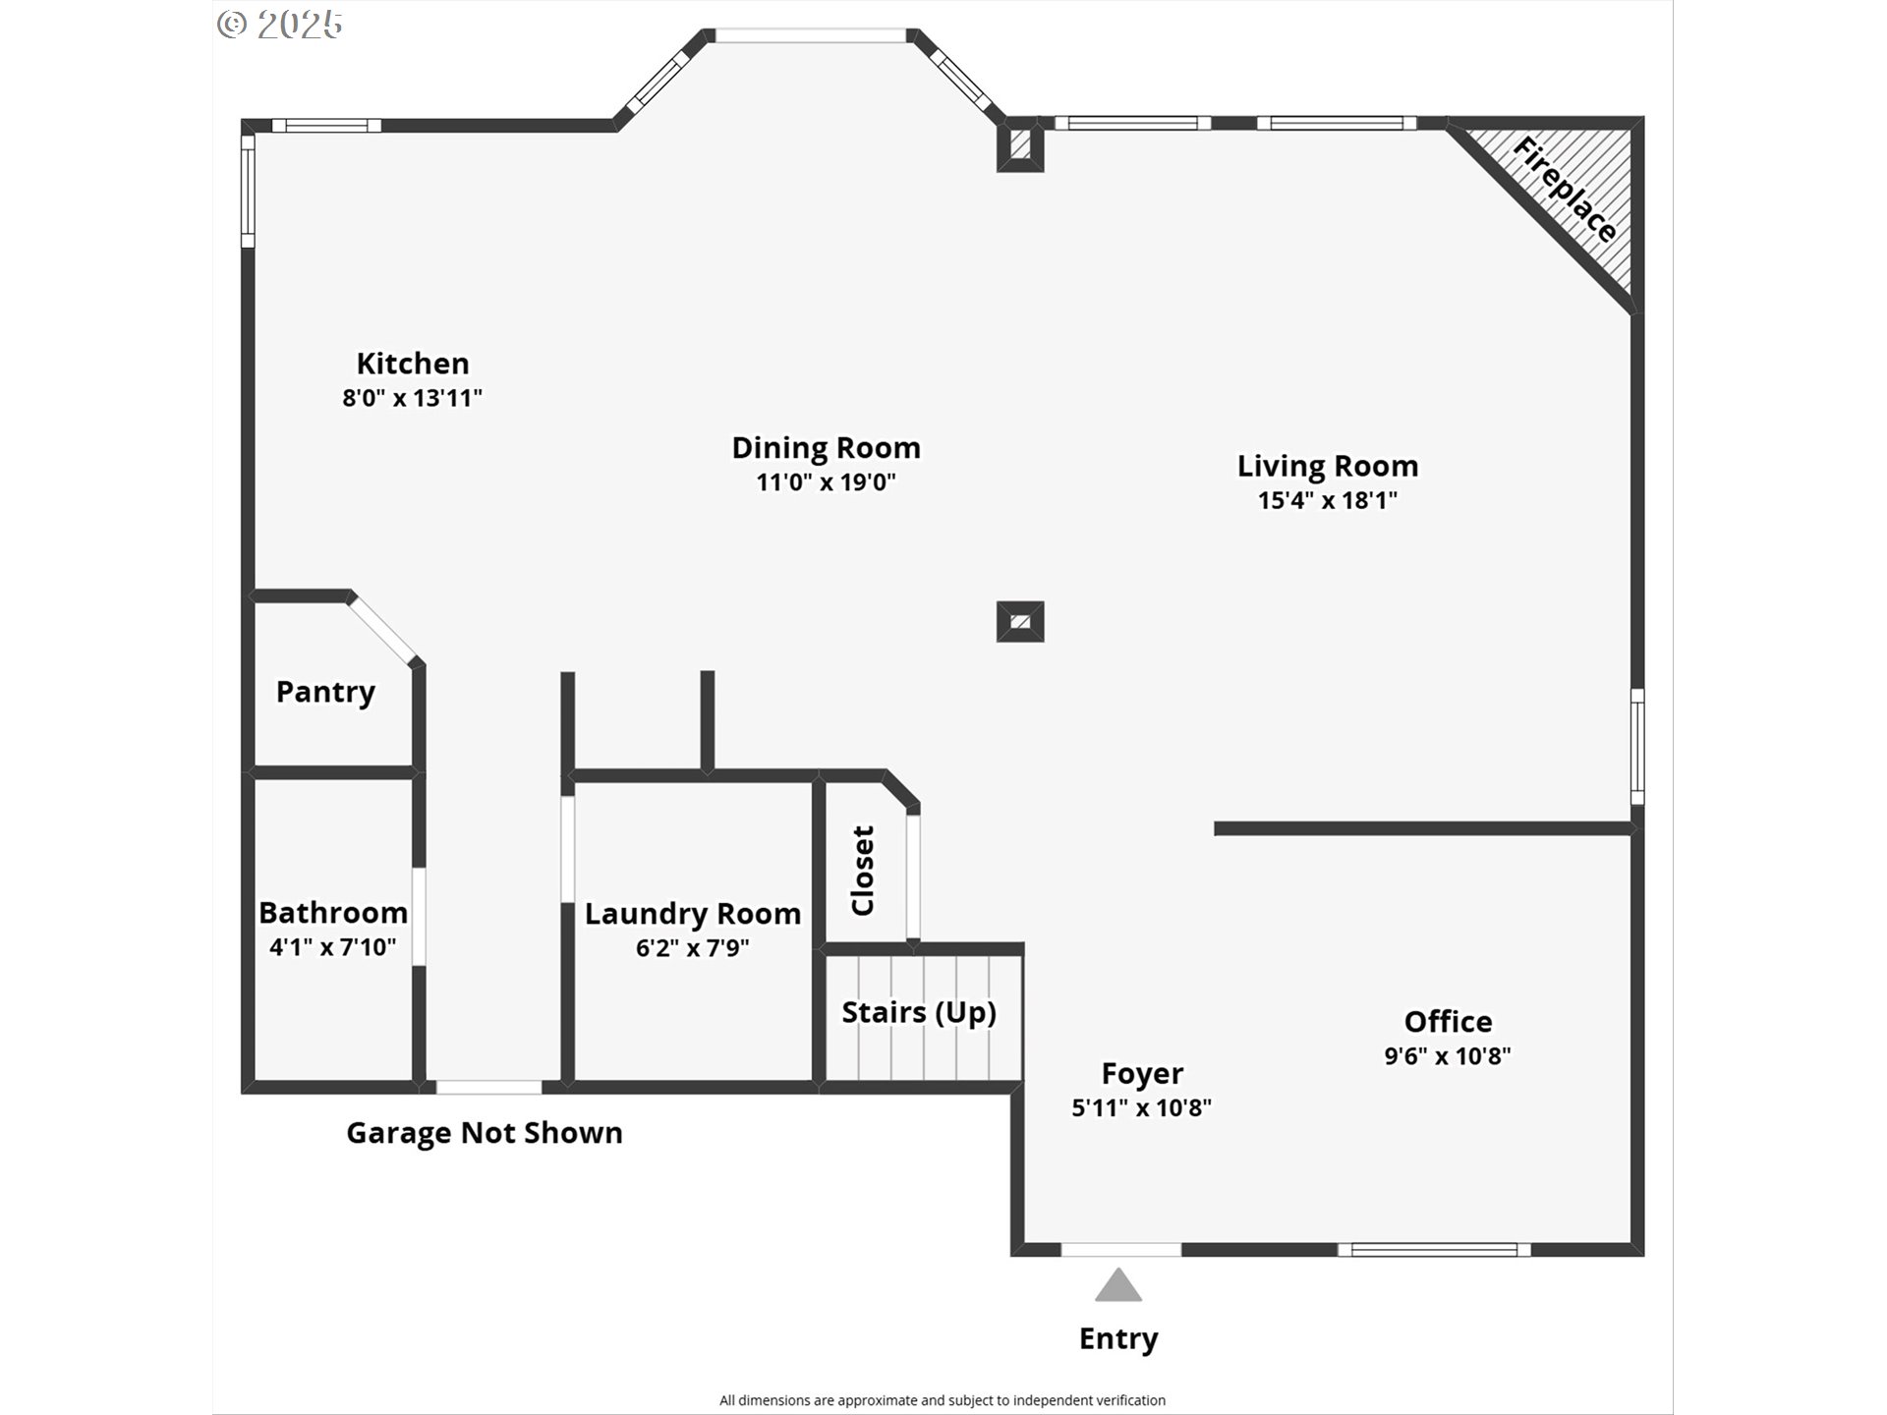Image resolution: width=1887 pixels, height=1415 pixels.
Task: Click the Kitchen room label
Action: click(413, 364)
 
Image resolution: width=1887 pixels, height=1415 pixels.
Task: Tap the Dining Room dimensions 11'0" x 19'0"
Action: click(826, 482)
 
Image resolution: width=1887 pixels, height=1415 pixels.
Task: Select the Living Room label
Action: click(1328, 466)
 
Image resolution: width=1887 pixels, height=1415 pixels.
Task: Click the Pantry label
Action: click(325, 692)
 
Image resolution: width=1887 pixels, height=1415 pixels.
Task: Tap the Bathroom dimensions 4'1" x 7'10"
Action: click(333, 947)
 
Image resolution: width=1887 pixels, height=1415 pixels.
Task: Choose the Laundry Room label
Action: click(693, 914)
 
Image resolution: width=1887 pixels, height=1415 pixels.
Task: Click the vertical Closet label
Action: click(862, 871)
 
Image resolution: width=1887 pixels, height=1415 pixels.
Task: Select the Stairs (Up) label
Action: click(919, 1012)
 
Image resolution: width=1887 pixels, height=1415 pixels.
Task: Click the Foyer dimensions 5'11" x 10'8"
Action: click(1141, 1107)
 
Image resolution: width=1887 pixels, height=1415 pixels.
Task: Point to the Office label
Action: click(1448, 1022)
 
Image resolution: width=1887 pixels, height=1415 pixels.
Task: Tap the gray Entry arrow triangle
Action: click(1118, 1285)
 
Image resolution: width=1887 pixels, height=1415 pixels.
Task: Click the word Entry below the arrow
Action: click(1118, 1339)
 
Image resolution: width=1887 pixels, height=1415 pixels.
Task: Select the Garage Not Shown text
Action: click(485, 1133)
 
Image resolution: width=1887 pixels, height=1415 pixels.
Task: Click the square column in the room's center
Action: click(1020, 622)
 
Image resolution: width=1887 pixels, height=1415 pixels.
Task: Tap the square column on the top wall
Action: click(1020, 145)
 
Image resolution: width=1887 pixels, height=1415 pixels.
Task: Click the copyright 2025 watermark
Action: click(280, 24)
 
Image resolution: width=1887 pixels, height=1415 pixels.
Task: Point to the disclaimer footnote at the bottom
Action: click(943, 1400)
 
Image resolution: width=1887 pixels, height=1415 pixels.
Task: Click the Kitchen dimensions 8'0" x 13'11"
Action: click(413, 398)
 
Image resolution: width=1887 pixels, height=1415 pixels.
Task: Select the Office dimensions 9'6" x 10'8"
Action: click(1448, 1056)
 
